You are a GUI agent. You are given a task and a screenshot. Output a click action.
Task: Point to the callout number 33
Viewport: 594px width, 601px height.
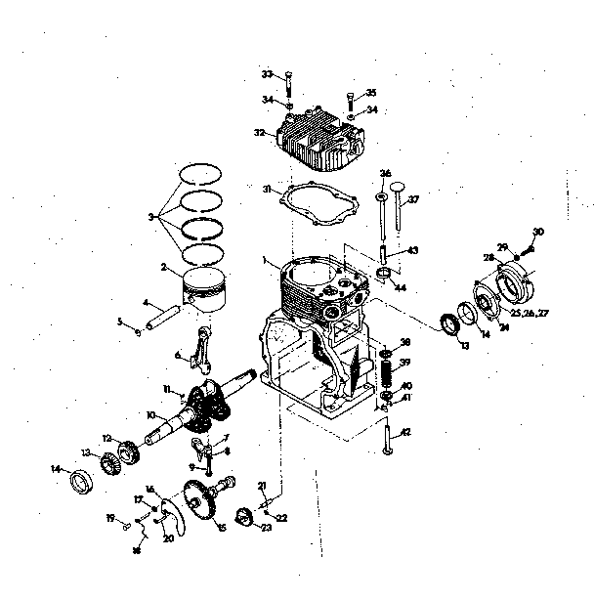[x=267, y=74]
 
